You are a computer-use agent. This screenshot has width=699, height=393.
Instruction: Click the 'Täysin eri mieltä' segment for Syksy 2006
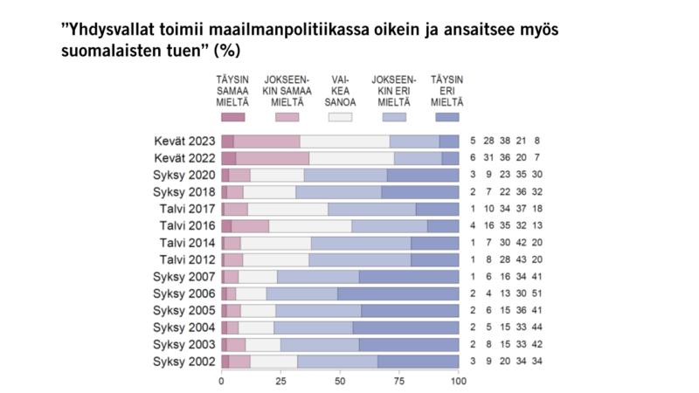tap(398, 293)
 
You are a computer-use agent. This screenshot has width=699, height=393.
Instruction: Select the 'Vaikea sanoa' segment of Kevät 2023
tap(344, 141)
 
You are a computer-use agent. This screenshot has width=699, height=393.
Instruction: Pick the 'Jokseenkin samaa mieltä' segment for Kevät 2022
tap(273, 158)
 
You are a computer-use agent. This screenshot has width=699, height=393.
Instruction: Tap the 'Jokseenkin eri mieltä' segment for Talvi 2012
tap(359, 259)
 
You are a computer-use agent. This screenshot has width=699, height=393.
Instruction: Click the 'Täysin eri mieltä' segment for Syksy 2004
tap(405, 327)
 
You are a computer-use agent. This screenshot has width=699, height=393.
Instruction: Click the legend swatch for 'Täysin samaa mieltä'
tap(233, 116)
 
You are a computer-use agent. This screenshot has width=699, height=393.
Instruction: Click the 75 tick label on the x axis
tap(398, 382)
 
